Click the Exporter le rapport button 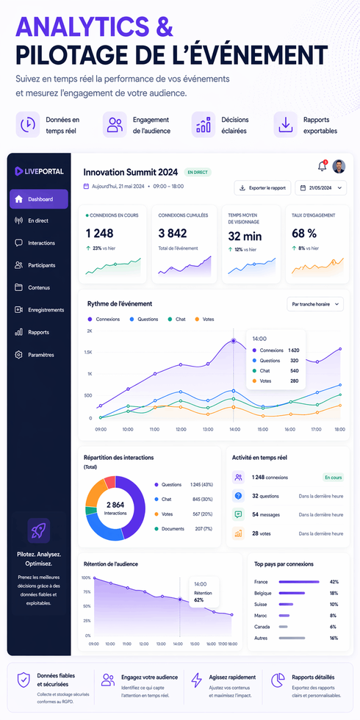pyautogui.click(x=262, y=188)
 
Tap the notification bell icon pyautogui.click(x=322, y=166)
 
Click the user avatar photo pyautogui.click(x=339, y=166)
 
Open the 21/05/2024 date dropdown pyautogui.click(x=321, y=188)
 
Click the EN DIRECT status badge pyautogui.click(x=198, y=173)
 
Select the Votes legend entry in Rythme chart pyautogui.click(x=204, y=320)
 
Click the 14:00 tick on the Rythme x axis pyautogui.click(x=235, y=428)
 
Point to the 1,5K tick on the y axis pyautogui.click(x=87, y=352)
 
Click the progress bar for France pyautogui.click(x=299, y=582)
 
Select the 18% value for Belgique pyautogui.click(x=334, y=593)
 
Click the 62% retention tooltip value pyautogui.click(x=198, y=600)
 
